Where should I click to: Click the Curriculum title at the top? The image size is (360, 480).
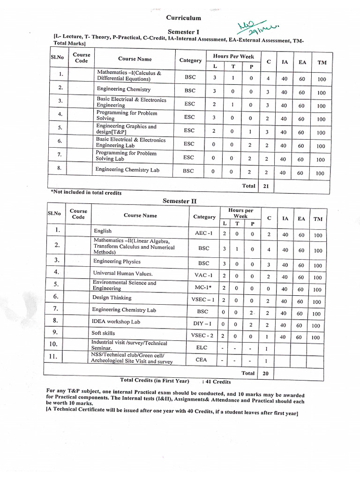click(184, 18)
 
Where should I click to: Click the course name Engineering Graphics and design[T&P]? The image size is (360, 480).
click(126, 129)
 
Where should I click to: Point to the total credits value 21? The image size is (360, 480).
click(266, 186)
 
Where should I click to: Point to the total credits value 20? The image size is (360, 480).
click(266, 374)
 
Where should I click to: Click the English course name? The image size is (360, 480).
click(103, 231)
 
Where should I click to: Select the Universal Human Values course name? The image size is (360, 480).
click(123, 273)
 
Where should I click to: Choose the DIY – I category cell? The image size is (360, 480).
click(203, 323)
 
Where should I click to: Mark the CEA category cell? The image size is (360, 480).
click(204, 360)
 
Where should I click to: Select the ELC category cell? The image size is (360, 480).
click(204, 347)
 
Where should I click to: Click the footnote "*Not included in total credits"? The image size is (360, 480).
click(86, 193)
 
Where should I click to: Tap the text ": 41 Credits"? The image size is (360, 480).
click(216, 382)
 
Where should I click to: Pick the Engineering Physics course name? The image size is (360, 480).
click(117, 262)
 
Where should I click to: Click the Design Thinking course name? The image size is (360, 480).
click(112, 298)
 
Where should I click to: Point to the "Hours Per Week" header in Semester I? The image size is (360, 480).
click(233, 56)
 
